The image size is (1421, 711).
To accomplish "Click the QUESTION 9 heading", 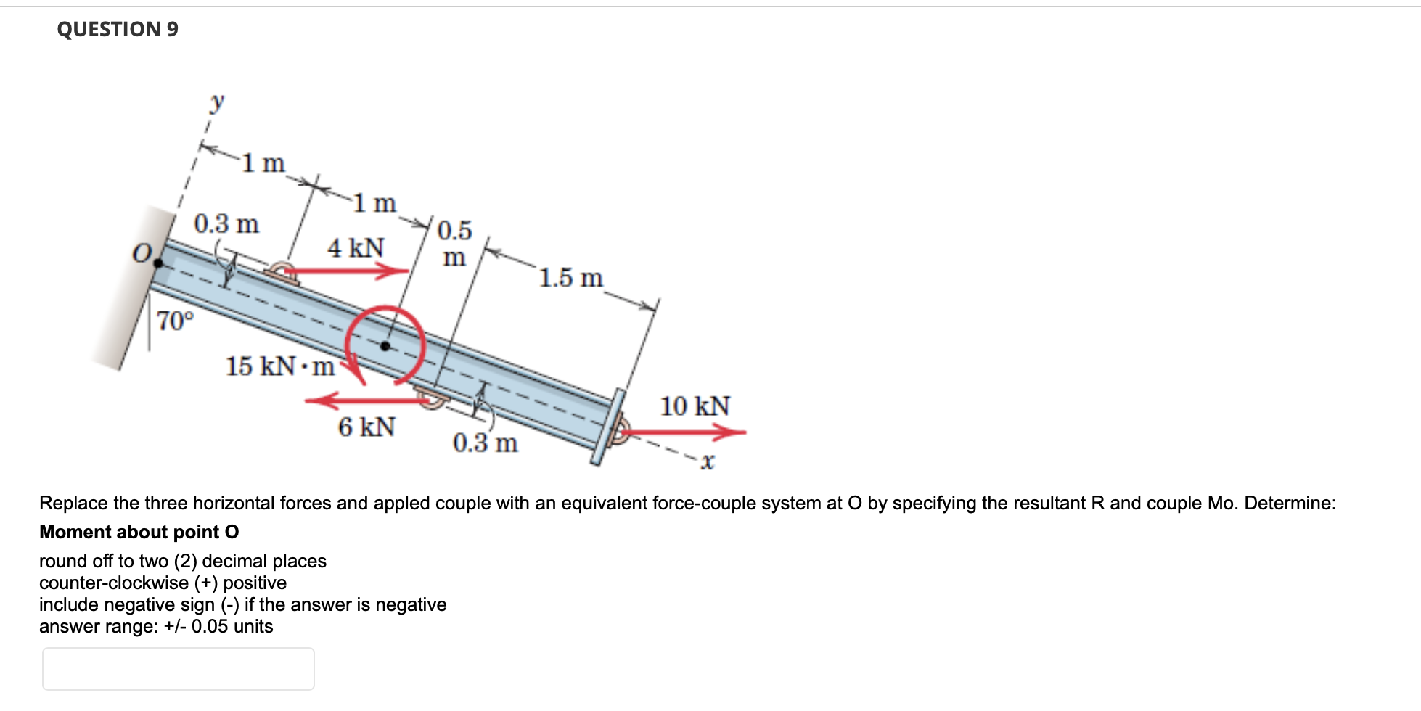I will click(118, 29).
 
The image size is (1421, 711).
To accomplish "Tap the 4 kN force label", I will click(356, 248).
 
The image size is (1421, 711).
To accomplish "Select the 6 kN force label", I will click(366, 427).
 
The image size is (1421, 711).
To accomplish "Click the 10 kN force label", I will click(695, 406).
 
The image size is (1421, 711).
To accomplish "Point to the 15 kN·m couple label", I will click(280, 366).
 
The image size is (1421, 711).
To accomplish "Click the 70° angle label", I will click(176, 320).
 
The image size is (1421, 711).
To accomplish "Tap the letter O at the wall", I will click(142, 253).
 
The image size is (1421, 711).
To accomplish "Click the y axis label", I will click(216, 102).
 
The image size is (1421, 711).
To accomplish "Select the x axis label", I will click(708, 461).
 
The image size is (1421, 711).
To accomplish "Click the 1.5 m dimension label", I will click(570, 278).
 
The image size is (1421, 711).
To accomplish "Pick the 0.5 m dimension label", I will click(454, 243).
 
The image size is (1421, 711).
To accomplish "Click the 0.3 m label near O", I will click(226, 223).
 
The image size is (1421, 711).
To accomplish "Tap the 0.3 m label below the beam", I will click(485, 443).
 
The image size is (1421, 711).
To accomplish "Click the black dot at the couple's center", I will click(385, 346).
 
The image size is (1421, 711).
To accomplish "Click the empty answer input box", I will click(178, 668).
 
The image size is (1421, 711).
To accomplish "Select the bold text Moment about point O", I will click(139, 532).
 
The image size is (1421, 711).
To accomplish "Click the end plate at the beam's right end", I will click(607, 427).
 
